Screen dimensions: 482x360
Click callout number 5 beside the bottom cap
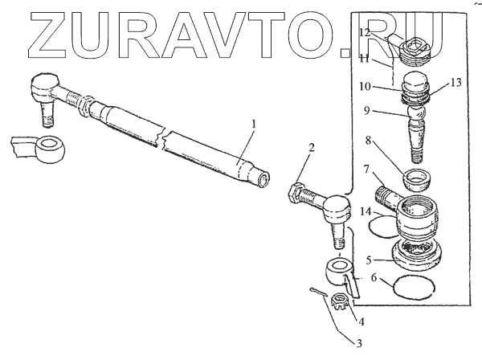pos(369,260)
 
